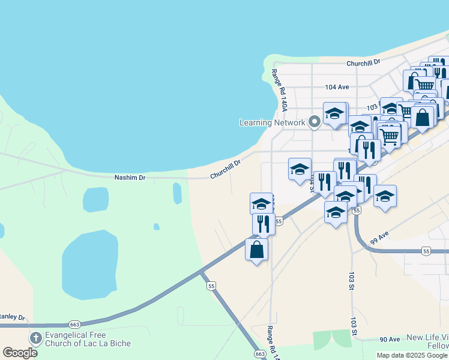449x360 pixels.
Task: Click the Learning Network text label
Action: [x=273, y=122]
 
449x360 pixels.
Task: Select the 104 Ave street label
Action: [x=337, y=87]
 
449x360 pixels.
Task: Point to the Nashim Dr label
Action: [x=130, y=178]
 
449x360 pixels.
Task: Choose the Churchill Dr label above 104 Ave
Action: [x=363, y=62]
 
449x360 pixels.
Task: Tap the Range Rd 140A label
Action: [x=280, y=91]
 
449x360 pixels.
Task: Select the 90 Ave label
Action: [x=390, y=340]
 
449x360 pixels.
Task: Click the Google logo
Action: [x=20, y=353]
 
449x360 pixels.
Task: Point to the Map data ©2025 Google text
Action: [x=412, y=355]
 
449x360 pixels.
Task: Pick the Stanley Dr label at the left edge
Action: [x=12, y=316]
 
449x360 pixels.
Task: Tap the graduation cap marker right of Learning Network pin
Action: [x=335, y=113]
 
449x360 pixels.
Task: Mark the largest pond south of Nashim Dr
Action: [x=89, y=263]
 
